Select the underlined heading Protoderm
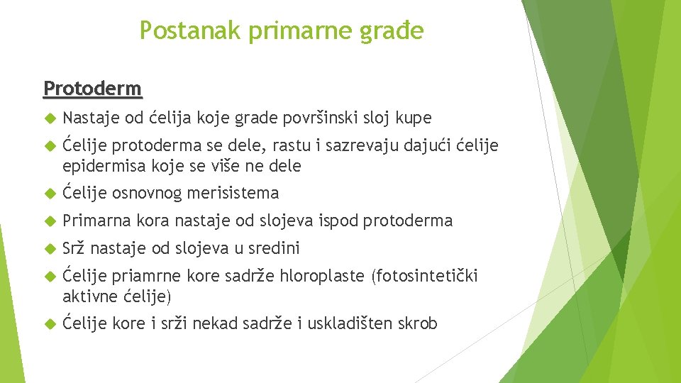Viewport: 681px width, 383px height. [92, 89]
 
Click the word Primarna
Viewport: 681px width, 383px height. [94, 221]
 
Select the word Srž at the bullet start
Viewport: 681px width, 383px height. [74, 248]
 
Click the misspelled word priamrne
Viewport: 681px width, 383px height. [148, 276]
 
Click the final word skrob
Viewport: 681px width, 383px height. [418, 323]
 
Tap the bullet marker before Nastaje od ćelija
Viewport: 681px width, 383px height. [48, 118]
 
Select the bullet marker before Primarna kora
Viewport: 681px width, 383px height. [48, 221]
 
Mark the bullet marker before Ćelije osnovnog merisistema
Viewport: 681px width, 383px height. [48, 193]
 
